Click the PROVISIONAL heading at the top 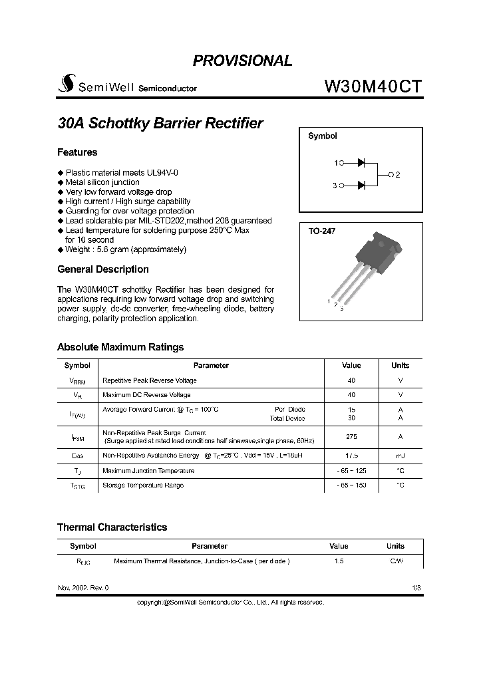[x=242, y=61]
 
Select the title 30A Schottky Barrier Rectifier [x=160, y=124]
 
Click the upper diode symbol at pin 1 [x=361, y=162]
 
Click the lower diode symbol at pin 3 [x=361, y=186]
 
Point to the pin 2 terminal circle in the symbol [x=391, y=174]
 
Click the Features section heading [x=77, y=152]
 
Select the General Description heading [x=103, y=269]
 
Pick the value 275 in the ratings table [x=351, y=437]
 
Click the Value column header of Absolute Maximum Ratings [x=351, y=365]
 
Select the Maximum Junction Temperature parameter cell [x=148, y=471]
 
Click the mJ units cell [x=400, y=456]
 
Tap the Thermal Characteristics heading [x=112, y=527]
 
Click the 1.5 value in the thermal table [x=339, y=561]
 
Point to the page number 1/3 [x=416, y=589]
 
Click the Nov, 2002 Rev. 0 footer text [x=83, y=589]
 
